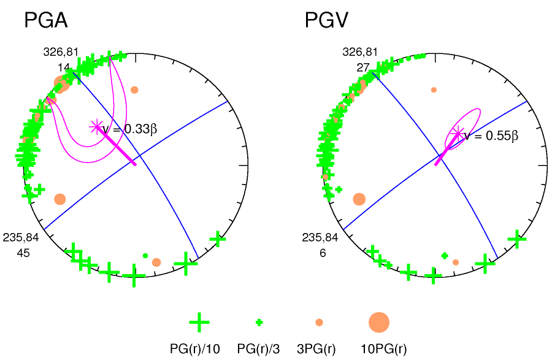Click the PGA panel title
tap(45, 21)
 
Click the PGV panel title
tap(327, 21)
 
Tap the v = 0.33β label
tap(129, 129)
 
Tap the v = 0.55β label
tap(491, 136)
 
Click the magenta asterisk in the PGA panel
tap(96, 127)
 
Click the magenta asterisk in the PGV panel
tap(457, 133)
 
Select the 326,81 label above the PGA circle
tap(61, 52)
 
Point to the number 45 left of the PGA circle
tap(25, 252)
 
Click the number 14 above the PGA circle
tap(64, 67)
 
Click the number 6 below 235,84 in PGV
tap(322, 252)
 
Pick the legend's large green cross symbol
tap(199, 322)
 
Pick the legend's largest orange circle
tap(379, 322)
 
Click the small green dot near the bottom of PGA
tap(145, 255)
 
